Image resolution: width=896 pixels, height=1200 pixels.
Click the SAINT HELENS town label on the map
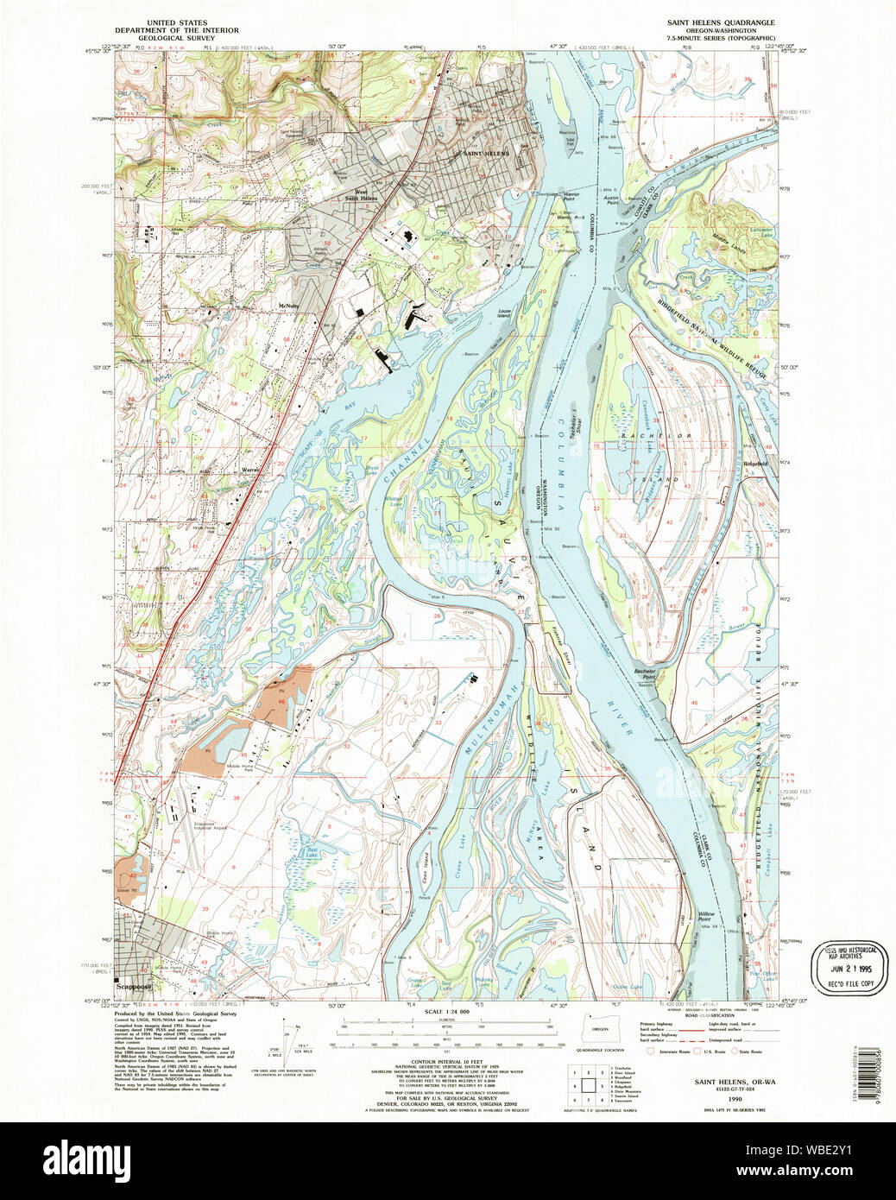click(486, 154)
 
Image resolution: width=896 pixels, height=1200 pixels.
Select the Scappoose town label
click(136, 986)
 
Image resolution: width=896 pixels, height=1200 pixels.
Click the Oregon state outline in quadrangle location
click(593, 1033)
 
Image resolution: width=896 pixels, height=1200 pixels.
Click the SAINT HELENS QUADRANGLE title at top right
click(720, 22)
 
